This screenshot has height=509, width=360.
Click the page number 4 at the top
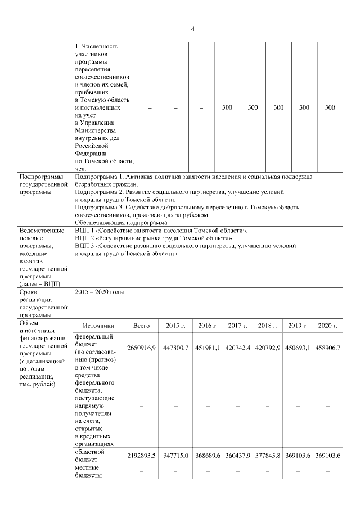point(192,29)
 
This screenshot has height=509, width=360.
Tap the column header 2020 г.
point(328,326)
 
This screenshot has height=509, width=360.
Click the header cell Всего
point(141,326)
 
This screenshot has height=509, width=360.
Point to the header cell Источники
point(98,326)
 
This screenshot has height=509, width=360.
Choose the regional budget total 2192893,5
point(142,455)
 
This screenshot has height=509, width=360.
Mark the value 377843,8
point(268,455)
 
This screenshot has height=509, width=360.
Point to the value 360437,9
point(237,455)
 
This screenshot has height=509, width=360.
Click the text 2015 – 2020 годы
point(99,292)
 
